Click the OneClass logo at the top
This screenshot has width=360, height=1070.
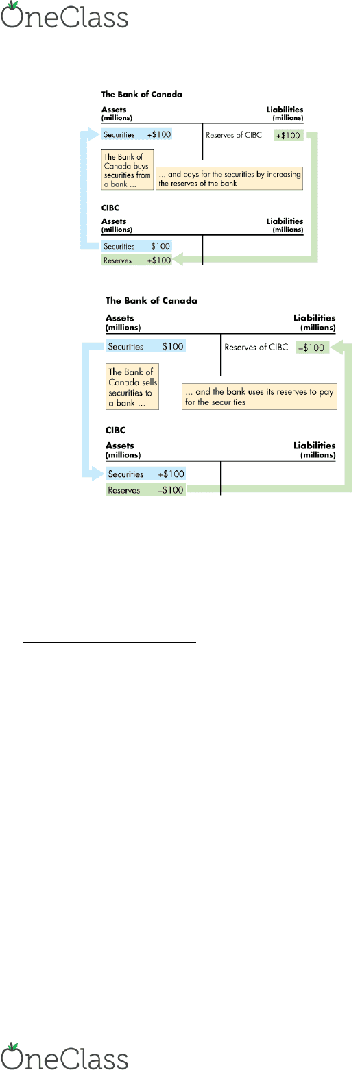[x=64, y=15]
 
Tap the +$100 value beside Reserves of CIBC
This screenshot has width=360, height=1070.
[x=288, y=135]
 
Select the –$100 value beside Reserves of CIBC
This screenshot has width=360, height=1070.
[x=312, y=348]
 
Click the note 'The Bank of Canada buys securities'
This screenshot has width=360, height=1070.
[x=128, y=170]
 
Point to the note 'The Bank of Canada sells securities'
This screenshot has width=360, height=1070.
[x=132, y=387]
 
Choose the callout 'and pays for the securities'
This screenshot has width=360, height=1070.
[x=230, y=179]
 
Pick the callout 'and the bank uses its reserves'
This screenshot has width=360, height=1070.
[x=259, y=396]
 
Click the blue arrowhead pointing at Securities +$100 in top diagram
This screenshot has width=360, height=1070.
[x=95, y=134]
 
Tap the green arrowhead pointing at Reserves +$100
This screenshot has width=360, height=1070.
[x=178, y=259]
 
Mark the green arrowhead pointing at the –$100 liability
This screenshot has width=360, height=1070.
[x=336, y=348]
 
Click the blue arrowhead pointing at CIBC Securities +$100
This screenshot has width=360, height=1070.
[x=99, y=474]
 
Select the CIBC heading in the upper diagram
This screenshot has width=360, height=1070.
[x=110, y=208]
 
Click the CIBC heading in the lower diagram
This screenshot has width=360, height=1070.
[x=115, y=430]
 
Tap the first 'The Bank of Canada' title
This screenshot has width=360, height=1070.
[x=141, y=94]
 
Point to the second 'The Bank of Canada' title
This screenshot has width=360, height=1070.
[x=151, y=300]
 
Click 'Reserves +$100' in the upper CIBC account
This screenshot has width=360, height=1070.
[x=136, y=260]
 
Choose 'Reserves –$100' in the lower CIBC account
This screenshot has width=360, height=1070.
[x=145, y=489]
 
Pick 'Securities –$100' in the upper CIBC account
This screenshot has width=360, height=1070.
[x=136, y=246]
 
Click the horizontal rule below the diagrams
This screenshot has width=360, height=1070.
[x=110, y=642]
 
